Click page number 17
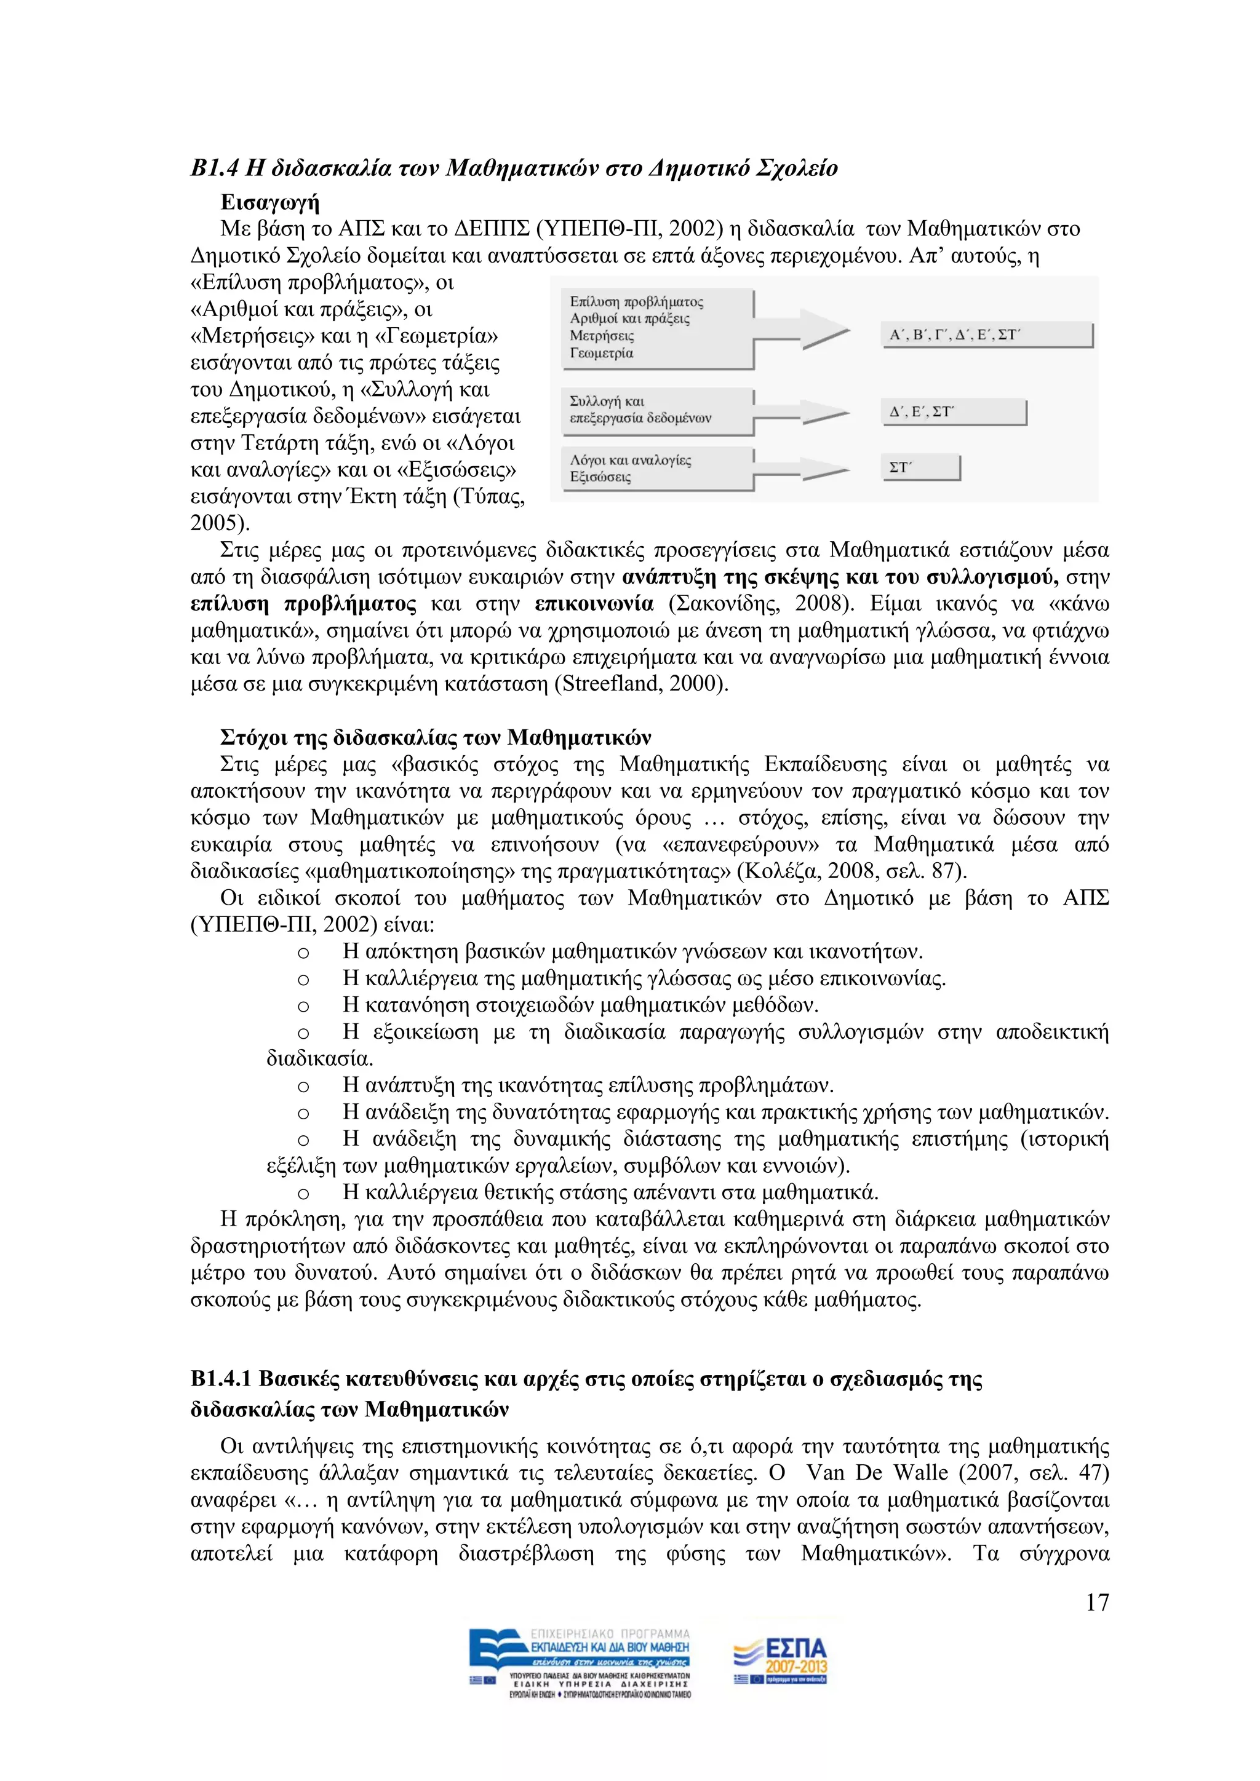pyautogui.click(x=1096, y=1602)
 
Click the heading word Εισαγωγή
pyautogui.click(x=269, y=202)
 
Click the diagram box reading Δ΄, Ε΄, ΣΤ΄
pyautogui.click(x=954, y=412)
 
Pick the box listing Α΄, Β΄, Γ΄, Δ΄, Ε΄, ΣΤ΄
pyautogui.click(x=986, y=335)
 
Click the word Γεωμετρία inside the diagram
pyautogui.click(x=601, y=354)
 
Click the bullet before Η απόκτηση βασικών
pyautogui.click(x=303, y=953)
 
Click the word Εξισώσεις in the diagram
pyautogui.click(x=600, y=477)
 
